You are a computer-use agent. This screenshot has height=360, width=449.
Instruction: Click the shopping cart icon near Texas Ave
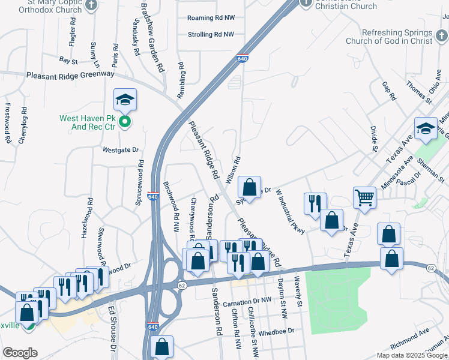coord(364,197)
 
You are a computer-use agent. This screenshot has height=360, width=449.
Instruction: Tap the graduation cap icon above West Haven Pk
coord(125,99)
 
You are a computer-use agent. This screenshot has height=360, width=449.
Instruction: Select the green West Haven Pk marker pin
coord(125,123)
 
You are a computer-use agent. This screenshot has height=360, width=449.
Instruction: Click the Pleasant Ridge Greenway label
coord(70,74)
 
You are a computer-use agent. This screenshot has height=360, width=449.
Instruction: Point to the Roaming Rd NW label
coord(210,18)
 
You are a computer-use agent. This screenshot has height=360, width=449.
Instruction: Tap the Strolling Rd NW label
coord(210,35)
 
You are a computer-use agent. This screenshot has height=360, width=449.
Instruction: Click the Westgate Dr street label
coord(121,149)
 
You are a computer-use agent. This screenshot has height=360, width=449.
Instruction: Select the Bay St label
coord(68,61)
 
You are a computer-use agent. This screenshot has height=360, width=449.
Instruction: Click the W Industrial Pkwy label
coord(291,212)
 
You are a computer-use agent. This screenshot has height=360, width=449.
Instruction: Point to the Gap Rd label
coord(389,91)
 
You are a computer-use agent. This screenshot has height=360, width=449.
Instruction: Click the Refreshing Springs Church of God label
coord(397,37)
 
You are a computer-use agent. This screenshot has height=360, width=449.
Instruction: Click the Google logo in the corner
coord(19,353)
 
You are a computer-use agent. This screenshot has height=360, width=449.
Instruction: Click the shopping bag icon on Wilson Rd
coord(249,187)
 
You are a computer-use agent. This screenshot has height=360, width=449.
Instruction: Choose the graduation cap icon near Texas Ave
coord(426,129)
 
